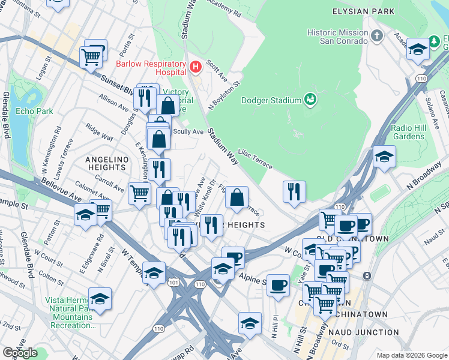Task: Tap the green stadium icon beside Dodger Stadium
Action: tap(310, 98)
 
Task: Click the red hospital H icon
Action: tap(194, 66)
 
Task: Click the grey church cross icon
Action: tap(377, 36)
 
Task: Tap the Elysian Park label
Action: tap(364, 11)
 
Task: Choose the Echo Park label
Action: tap(34, 111)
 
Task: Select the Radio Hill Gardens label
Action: tap(408, 132)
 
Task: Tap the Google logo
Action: tap(20, 352)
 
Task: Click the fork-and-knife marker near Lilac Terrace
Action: tap(294, 191)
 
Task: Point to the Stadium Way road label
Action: tap(224, 146)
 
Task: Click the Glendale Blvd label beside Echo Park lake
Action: tap(5, 115)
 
